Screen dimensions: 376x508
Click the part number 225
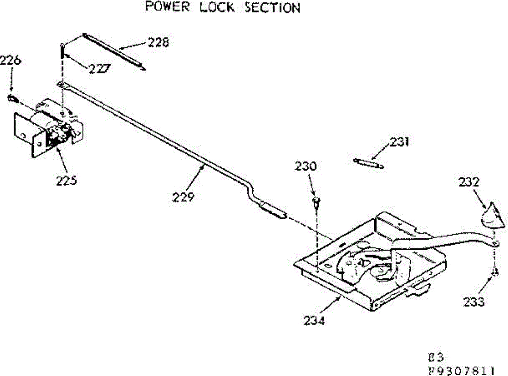pos(67,180)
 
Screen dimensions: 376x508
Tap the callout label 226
pos(10,61)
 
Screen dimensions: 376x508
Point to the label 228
pos(158,42)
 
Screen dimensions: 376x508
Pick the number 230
pos(306,166)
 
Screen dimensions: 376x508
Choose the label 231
pos(400,142)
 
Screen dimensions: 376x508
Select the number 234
pos(314,321)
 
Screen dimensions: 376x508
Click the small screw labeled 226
pos(11,99)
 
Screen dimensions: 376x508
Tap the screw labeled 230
pos(316,202)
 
